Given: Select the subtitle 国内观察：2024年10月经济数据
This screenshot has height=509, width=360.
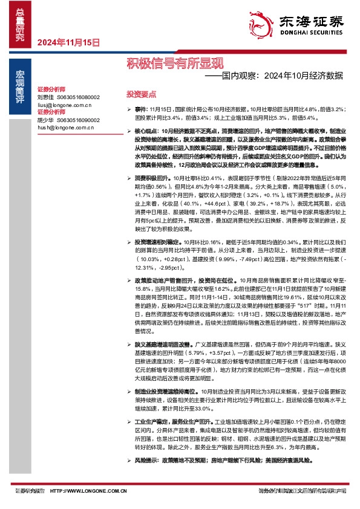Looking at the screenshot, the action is coord(273,77).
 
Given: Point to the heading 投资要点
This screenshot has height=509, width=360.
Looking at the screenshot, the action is coord(141,94).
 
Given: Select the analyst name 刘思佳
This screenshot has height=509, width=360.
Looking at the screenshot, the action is coord(45,97).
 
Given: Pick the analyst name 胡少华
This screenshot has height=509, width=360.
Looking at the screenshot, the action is coord(45,120).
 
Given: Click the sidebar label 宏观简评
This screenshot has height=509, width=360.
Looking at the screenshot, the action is coord(21,83).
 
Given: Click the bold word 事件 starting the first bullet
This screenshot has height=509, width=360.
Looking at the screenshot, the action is coord(140,108).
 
